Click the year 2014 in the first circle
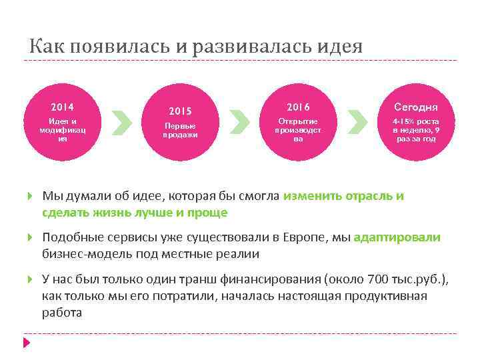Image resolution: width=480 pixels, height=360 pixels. (x=63, y=107)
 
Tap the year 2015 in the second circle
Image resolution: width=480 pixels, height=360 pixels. (x=180, y=111)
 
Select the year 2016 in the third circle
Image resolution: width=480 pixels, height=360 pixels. (x=298, y=107)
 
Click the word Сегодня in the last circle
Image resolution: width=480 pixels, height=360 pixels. (x=416, y=107)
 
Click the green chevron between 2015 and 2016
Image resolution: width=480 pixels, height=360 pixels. (x=239, y=122)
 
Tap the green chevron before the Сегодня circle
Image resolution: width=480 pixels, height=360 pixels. (x=357, y=122)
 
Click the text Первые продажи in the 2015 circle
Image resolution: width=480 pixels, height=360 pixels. (x=180, y=130)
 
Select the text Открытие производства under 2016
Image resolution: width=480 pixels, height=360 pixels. (x=298, y=130)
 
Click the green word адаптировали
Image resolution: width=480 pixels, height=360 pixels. (x=397, y=237)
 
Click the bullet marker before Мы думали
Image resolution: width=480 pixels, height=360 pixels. (x=30, y=197)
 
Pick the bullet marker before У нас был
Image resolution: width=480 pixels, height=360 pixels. (x=30, y=280)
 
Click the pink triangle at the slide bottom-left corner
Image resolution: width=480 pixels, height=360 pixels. (x=27, y=343)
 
